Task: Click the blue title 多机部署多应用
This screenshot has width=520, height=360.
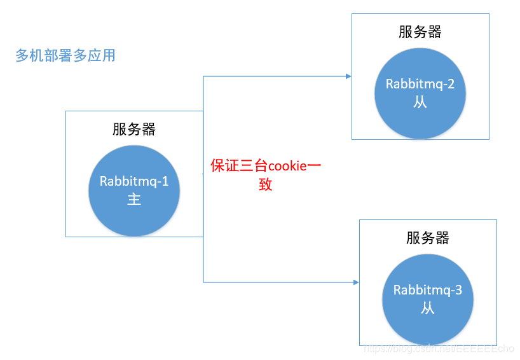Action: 65,55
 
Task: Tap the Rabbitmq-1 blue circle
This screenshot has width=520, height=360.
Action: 134,190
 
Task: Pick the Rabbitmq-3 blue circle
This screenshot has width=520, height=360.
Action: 427,299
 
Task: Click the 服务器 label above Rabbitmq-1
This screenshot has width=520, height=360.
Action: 134,129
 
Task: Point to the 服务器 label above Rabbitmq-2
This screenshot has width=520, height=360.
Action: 420,32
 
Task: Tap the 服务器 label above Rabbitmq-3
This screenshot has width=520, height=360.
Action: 428,238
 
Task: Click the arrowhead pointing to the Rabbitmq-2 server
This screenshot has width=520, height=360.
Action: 348,76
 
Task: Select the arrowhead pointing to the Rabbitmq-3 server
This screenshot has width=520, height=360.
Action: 356,282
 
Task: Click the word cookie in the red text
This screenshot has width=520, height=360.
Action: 287,167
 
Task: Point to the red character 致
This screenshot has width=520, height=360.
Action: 266,185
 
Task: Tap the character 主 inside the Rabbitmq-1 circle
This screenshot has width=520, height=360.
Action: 134,199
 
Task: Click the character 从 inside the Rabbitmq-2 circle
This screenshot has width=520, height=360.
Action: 420,102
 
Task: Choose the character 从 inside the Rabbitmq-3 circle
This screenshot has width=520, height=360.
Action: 428,308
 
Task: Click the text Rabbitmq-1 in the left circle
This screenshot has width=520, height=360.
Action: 134,181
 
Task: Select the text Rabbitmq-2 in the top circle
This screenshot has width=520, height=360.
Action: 420,85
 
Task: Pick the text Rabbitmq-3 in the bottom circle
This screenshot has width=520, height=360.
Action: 428,291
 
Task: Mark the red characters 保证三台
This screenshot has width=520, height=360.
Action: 239,167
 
